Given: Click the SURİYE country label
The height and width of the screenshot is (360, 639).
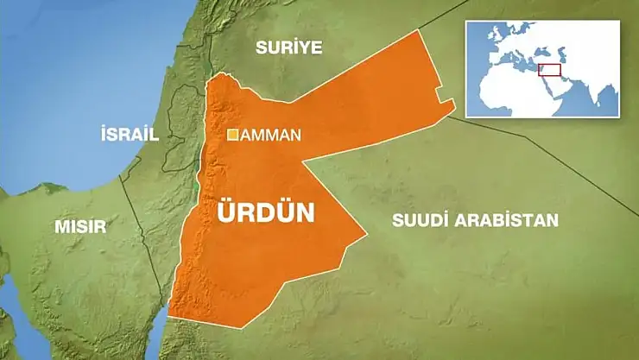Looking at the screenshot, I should [x=288, y=47].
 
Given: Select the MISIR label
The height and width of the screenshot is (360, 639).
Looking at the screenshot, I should [x=80, y=227].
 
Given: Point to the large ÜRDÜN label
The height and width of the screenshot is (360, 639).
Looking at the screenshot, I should [x=265, y=212].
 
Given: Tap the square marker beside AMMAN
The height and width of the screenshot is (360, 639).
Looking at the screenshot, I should [x=233, y=135].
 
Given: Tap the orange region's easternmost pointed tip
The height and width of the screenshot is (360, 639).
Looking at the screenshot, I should [x=454, y=105].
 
